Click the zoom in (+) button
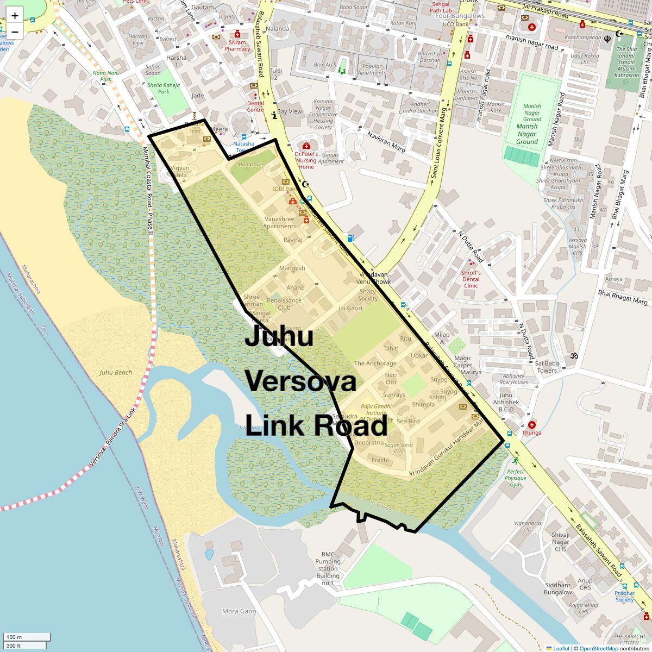pos(15,16)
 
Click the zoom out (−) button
pos(15,31)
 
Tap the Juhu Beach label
pos(116,373)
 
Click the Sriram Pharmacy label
pos(237,45)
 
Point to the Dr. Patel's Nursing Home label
pos(306,160)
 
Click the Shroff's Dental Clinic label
pos(471,279)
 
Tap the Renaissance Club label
pos(284,304)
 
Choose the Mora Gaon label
pos(239,611)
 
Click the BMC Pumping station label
pos(328,565)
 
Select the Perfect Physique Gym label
pos(515,478)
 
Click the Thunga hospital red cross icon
pos(531,424)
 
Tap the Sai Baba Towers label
pos(547,367)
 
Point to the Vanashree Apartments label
pos(279,223)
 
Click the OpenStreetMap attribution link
pos(598,648)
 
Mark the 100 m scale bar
pos(27,637)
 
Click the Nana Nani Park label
pos(102,76)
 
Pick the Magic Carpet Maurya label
pos(467,365)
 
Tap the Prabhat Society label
pos(625,596)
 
